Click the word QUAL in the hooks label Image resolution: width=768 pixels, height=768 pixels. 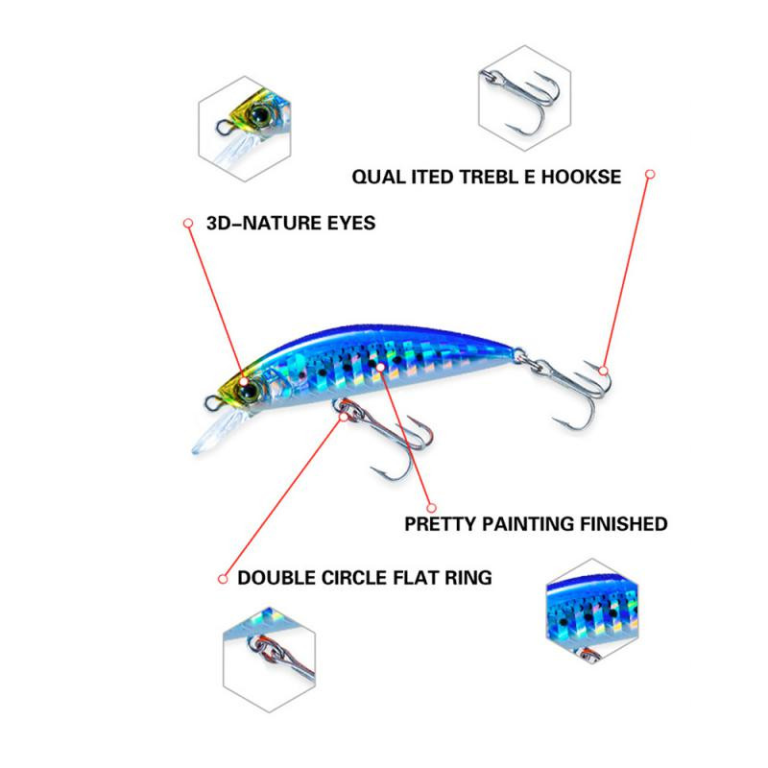374,177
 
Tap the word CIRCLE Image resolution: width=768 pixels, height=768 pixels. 360,578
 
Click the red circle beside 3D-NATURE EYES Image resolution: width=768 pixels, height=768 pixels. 188,223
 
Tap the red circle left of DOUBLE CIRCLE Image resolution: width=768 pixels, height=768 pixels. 222,578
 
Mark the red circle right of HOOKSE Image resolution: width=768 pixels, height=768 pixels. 650,175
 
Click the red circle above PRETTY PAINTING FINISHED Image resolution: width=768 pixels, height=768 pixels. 432,506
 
